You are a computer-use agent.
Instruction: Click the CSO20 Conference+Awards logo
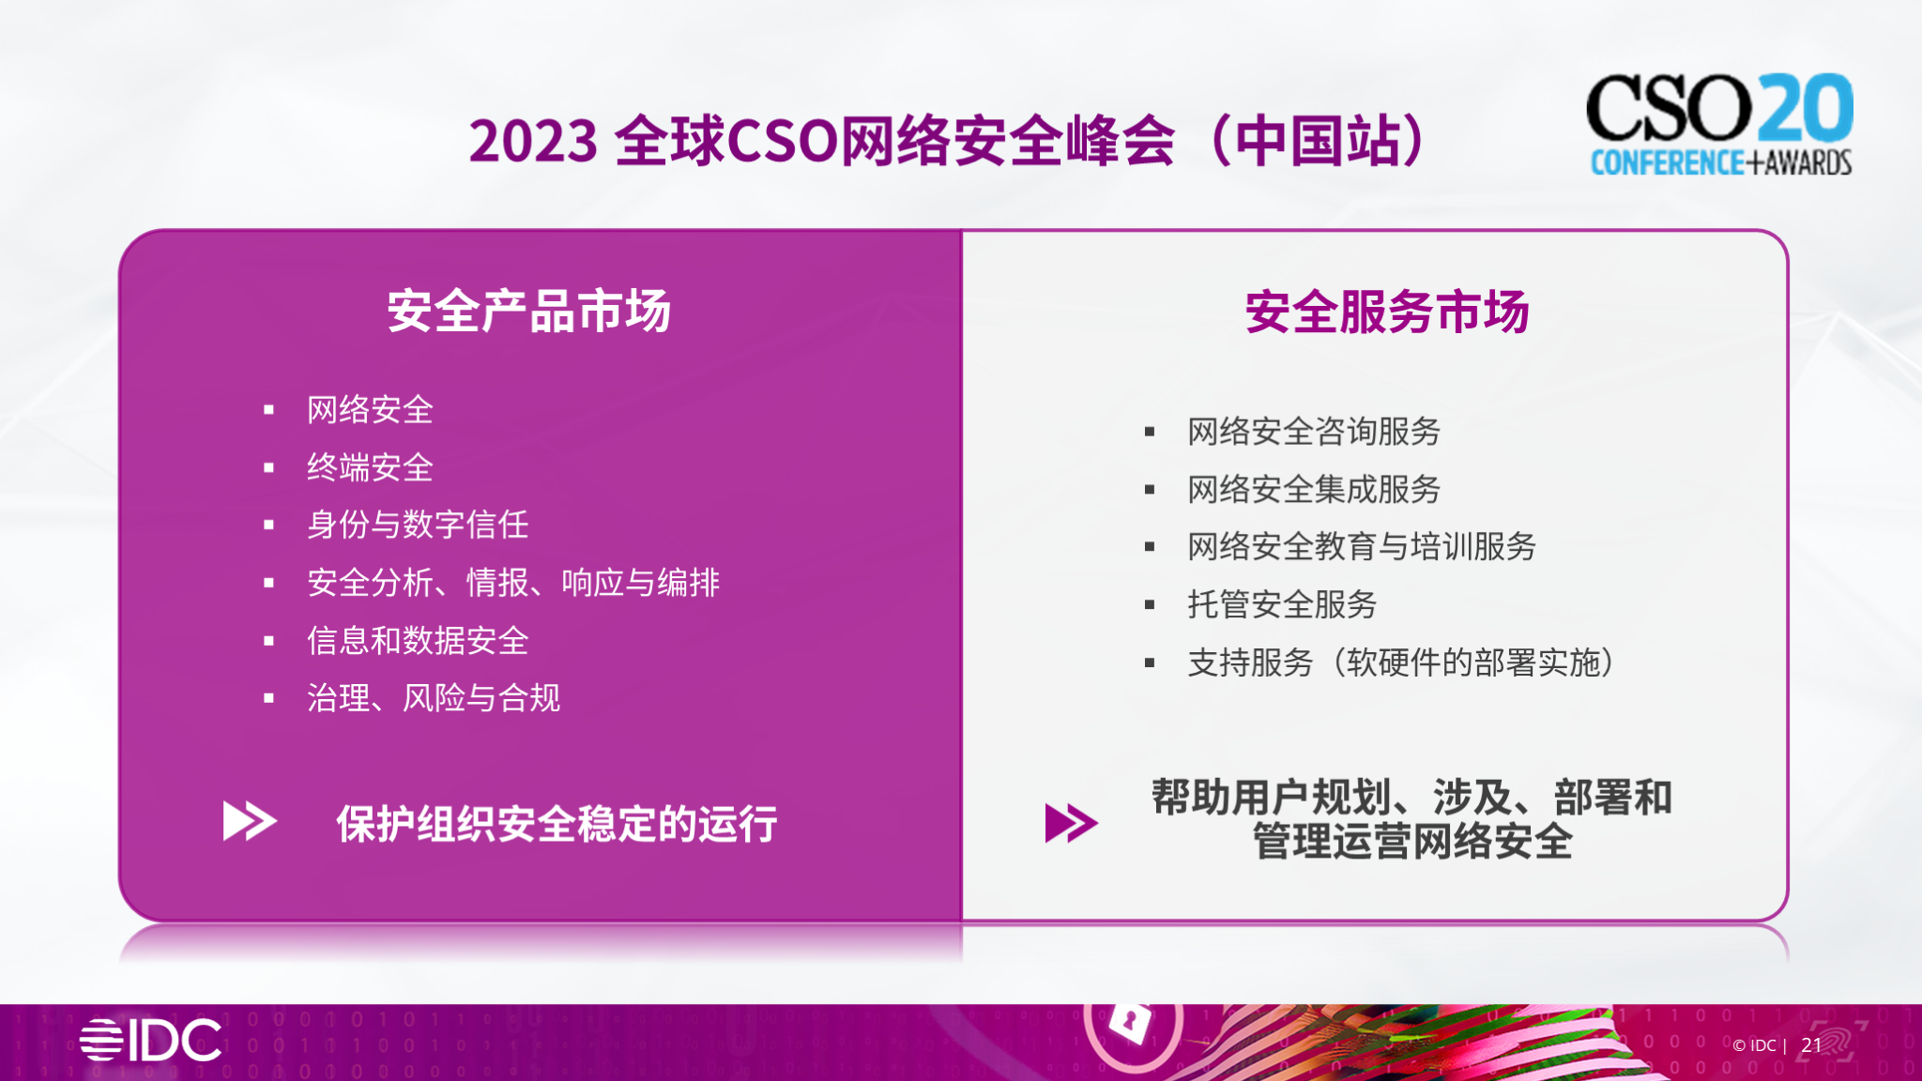point(1719,124)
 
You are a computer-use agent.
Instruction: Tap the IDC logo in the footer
point(150,1040)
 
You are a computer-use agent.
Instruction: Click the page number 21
point(1811,1045)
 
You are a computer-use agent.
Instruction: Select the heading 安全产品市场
point(528,312)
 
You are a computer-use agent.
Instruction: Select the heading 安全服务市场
point(1386,312)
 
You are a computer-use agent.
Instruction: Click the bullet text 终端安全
point(370,467)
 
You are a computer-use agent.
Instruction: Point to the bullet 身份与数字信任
point(418,525)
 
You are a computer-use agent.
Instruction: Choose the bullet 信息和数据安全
point(418,641)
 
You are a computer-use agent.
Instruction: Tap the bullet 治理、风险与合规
point(434,698)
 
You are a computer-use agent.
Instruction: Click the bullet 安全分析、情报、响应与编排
point(512,583)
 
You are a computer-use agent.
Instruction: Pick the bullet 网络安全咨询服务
point(1313,432)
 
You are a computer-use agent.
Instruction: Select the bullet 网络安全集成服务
point(1313,489)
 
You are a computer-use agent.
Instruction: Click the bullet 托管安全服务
point(1281,604)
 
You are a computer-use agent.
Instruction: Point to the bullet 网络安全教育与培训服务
point(1361,546)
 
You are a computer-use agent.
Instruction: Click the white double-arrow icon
point(249,821)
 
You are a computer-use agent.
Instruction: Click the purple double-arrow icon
point(1071,823)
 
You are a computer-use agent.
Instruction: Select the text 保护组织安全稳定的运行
point(557,824)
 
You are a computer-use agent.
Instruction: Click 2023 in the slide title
point(532,142)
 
